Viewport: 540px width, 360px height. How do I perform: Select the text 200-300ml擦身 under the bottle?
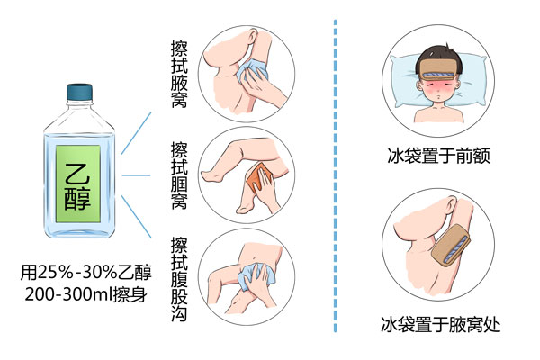coord(87,294)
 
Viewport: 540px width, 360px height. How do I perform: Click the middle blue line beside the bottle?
coord(135,175)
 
